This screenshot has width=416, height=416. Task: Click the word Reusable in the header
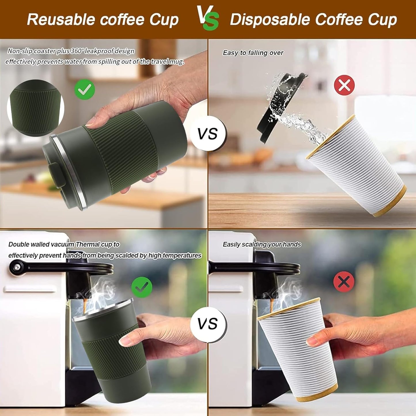coord(61,20)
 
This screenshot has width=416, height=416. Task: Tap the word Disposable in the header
coord(270,20)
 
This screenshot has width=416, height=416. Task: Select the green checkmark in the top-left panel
coord(85,89)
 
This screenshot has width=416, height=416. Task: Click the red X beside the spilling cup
coord(344,85)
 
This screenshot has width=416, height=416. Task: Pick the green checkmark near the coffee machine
coord(142,287)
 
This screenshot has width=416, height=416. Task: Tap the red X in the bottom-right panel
coord(344,282)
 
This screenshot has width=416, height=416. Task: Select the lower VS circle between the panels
coord(208,324)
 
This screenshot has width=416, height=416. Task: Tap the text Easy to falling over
coord(253,53)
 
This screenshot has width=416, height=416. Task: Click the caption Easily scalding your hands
coord(262,244)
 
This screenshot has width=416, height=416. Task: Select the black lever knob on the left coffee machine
coord(14,267)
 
